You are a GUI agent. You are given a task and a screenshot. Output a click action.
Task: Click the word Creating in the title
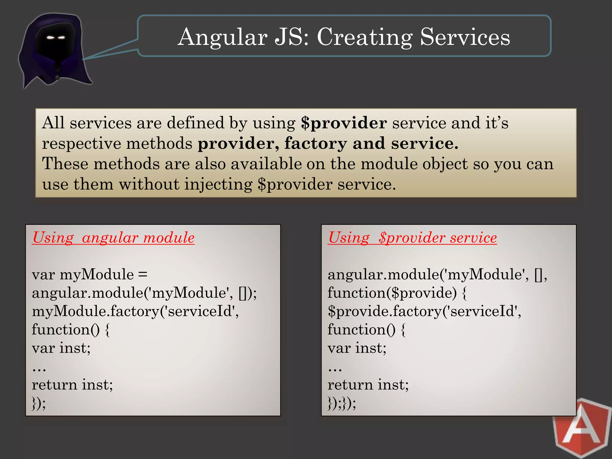tap(365, 37)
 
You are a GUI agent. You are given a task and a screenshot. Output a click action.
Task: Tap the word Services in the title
tap(465, 37)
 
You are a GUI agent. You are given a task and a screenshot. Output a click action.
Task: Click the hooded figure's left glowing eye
tap(51, 38)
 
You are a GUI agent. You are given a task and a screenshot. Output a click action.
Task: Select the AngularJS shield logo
tap(582, 429)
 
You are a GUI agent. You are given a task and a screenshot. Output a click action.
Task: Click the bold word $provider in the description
tap(344, 123)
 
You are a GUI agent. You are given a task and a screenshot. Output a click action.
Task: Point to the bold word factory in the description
tap(316, 143)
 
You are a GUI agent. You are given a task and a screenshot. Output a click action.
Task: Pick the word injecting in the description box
tap(218, 184)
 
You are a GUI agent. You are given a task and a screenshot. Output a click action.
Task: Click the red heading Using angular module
tap(113, 238)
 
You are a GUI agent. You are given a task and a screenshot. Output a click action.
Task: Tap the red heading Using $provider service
tap(412, 238)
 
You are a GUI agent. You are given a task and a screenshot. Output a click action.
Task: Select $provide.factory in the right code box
tap(384, 311)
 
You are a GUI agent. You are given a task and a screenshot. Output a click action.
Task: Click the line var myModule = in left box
tap(90, 274)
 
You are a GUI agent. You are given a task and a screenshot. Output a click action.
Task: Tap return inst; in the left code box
tap(72, 385)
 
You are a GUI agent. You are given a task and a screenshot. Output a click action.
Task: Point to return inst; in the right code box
tap(368, 385)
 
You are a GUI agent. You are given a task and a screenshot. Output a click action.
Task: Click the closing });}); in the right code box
tap(342, 403)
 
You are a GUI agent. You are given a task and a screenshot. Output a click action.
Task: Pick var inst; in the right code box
tap(357, 348)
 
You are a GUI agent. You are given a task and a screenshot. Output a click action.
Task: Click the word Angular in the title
tap(223, 37)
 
